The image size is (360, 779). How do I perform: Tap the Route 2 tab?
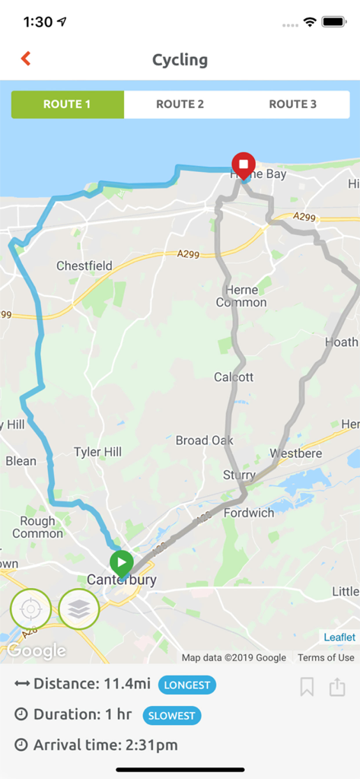(x=180, y=104)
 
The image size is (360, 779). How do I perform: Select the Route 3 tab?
(x=293, y=104)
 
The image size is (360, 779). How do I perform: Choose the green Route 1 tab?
(x=68, y=104)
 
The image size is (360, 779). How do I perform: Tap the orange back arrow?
(x=26, y=59)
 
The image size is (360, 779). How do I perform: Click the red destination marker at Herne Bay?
(x=244, y=164)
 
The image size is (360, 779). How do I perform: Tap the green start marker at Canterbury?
(x=121, y=564)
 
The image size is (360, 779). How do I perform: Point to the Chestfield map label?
(x=84, y=266)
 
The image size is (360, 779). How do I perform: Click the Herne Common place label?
(x=241, y=296)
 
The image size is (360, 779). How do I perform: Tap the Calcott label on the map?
(x=234, y=377)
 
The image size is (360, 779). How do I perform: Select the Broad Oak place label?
(x=204, y=440)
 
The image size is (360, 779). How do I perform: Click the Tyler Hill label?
(x=97, y=452)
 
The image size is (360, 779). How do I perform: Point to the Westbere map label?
(x=295, y=453)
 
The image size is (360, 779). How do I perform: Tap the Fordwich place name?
(x=249, y=513)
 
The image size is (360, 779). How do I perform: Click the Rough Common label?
(x=37, y=527)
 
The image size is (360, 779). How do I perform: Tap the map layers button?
(x=79, y=609)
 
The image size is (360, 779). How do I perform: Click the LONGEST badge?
(x=187, y=685)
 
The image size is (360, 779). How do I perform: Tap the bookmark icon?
(x=307, y=687)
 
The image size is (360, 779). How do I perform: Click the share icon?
(x=337, y=687)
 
